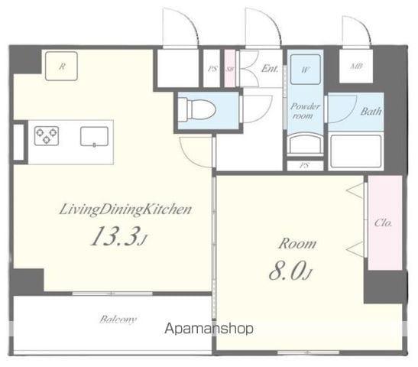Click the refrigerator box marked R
(x=62, y=67)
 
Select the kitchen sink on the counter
(x=94, y=137)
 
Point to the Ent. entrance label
(x=270, y=68)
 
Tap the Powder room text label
(x=304, y=112)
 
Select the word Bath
(x=371, y=112)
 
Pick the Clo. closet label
(x=384, y=224)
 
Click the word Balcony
(x=117, y=319)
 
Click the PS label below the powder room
(x=304, y=165)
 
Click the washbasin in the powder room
(x=304, y=144)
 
